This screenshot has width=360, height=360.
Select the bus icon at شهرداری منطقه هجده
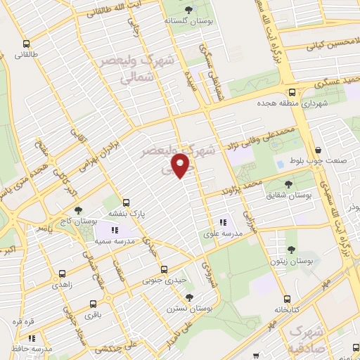coord(292,92)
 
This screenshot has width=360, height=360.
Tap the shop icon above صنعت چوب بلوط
coord(319,150)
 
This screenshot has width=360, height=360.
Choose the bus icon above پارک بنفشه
coord(127,200)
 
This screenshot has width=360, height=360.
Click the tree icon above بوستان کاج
coord(78,210)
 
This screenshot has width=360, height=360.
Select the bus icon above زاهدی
coord(63,274)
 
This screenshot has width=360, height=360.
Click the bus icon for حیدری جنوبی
coord(165,269)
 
